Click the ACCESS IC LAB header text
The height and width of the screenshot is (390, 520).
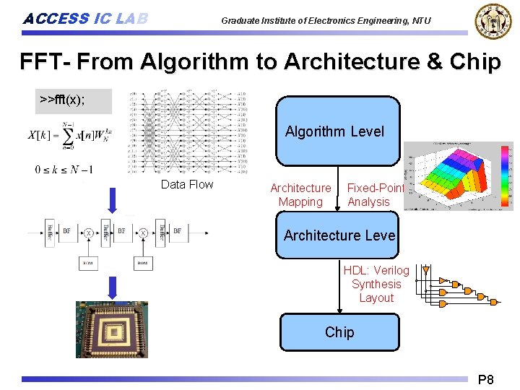[x=85, y=19]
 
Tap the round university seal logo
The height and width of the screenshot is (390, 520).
[x=492, y=21]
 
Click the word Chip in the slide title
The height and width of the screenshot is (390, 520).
[x=474, y=62]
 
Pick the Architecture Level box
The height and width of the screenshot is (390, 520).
[x=337, y=235]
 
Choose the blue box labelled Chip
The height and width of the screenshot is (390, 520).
[x=339, y=332]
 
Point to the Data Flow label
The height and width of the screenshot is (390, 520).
[x=187, y=184]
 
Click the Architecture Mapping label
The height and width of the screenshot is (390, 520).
[x=300, y=195]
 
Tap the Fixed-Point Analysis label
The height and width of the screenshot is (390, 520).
[x=374, y=195]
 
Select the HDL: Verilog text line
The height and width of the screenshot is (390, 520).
[x=376, y=270]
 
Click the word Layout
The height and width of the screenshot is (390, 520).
[x=376, y=298]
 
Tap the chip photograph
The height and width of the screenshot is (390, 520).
[x=112, y=329]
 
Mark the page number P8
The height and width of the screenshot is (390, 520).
[x=485, y=379]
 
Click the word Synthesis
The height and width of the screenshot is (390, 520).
[x=376, y=284]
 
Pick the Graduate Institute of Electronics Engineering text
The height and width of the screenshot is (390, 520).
[x=326, y=20]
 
